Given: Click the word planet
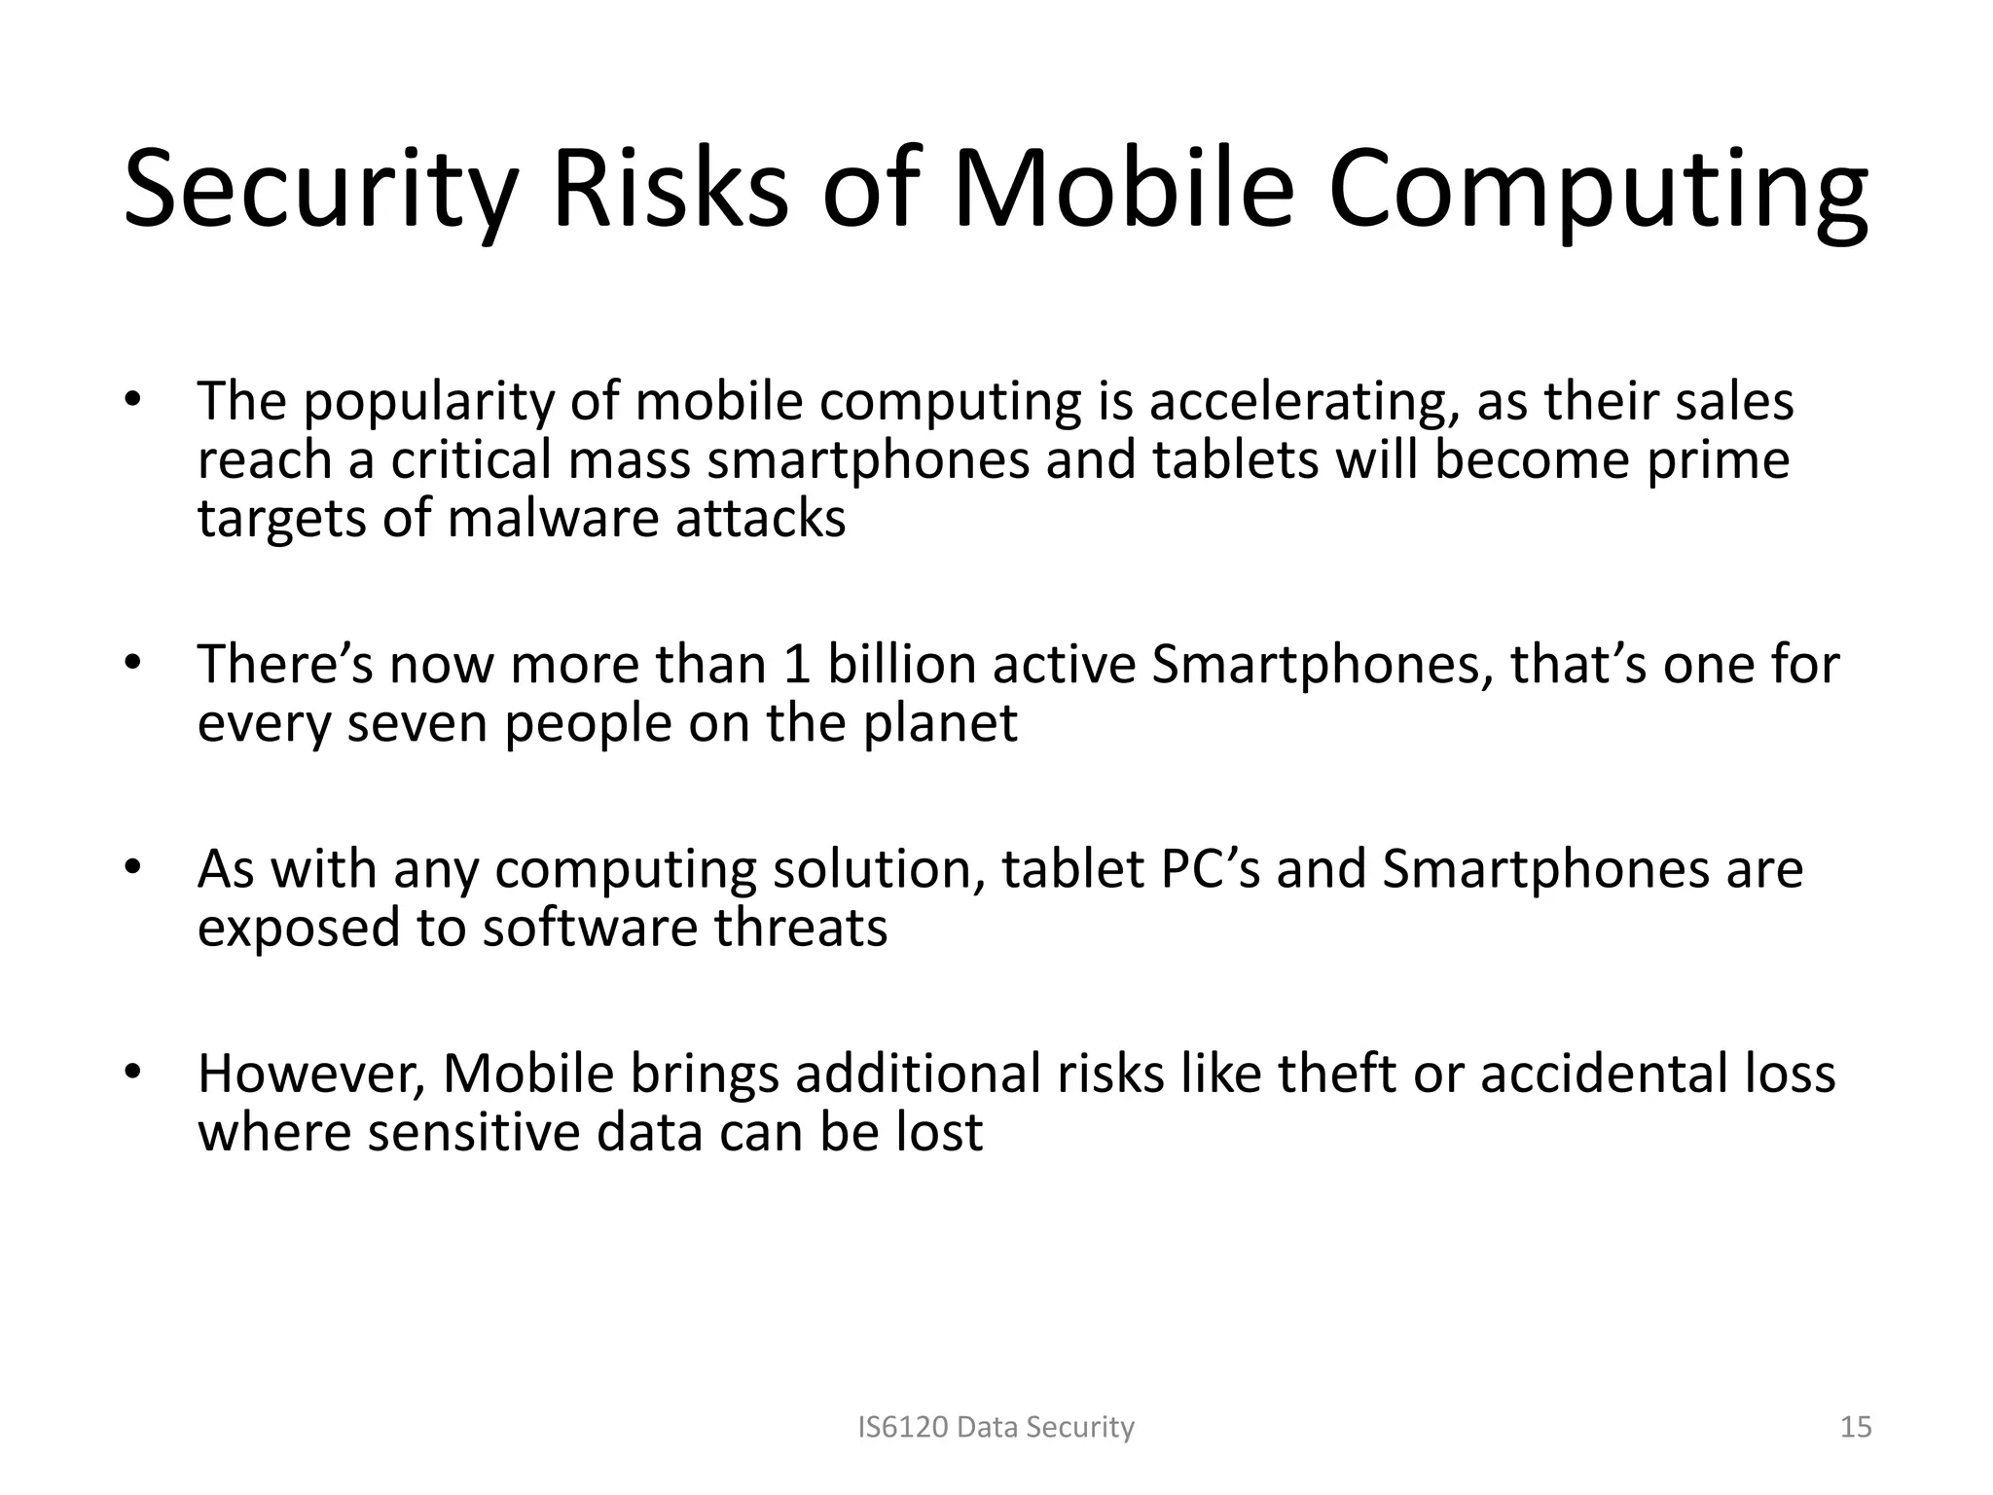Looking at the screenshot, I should [940, 723].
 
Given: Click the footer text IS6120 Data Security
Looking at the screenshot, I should [996, 1427].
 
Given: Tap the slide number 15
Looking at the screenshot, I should [1856, 1427].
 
